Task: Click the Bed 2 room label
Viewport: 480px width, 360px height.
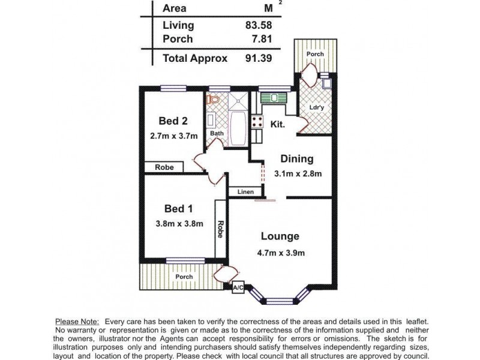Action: point(173,121)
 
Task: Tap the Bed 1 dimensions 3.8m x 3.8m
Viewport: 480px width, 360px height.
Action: point(179,223)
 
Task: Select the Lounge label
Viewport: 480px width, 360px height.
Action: point(280,236)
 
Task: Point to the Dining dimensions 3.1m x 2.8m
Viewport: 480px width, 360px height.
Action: point(298,173)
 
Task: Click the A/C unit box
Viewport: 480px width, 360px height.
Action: point(238,287)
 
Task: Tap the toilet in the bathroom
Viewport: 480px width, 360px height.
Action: point(213,99)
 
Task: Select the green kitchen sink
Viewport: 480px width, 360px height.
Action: point(274,98)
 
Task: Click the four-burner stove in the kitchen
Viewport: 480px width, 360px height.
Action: point(257,122)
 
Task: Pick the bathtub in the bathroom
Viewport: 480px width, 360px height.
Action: point(238,128)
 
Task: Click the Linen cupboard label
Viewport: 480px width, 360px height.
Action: point(245,192)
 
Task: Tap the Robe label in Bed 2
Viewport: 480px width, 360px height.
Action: point(164,167)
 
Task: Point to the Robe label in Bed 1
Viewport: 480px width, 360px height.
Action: point(220,229)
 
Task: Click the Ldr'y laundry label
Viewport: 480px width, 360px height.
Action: point(317,107)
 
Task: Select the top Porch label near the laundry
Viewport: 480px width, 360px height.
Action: point(316,54)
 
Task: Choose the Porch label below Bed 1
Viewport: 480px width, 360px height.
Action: point(184,277)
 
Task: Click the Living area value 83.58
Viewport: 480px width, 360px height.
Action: point(259,25)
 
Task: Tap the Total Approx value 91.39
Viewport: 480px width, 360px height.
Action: point(259,58)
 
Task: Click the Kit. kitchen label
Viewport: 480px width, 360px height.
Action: point(278,124)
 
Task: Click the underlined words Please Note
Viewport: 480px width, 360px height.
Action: point(77,322)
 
